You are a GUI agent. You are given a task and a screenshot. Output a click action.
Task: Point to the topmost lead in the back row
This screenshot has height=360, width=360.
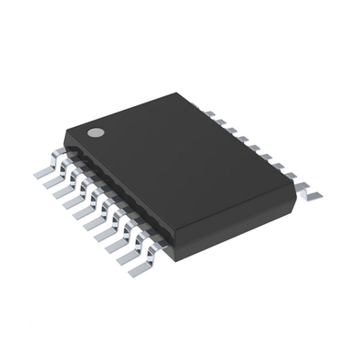208,112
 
